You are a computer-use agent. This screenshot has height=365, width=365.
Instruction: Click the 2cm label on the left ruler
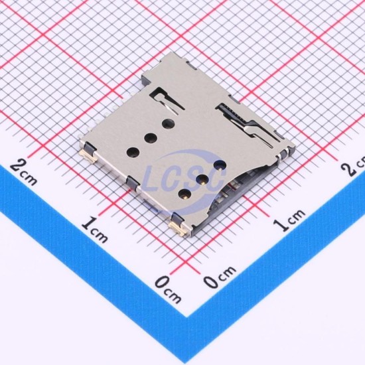23,172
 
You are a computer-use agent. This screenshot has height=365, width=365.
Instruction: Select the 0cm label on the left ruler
168,289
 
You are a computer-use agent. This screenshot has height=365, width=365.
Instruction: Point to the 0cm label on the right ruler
220,276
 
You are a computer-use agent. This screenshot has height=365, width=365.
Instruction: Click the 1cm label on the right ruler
289,219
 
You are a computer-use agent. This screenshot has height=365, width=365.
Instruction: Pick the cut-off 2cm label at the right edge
354,167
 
